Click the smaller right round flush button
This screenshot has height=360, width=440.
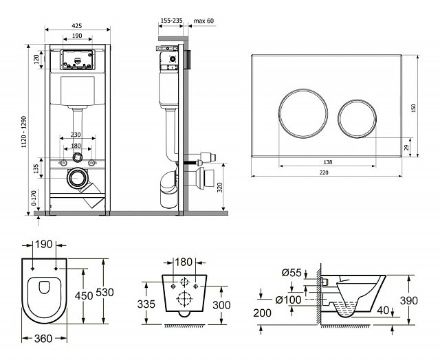point(356,117)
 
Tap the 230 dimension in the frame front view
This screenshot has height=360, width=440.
point(76,135)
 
